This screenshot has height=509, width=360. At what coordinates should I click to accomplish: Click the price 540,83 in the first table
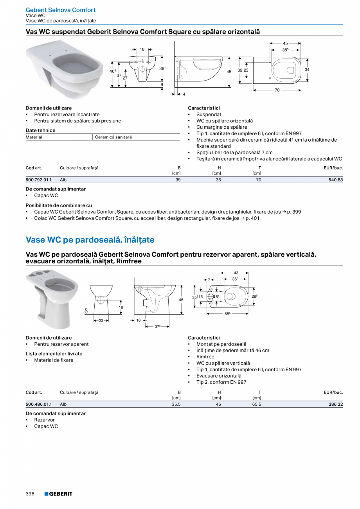[335, 180]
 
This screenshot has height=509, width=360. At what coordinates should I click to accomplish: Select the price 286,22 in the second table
[335, 405]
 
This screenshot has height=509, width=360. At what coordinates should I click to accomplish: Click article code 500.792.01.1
[38, 180]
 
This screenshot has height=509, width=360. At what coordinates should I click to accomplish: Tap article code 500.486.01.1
[38, 405]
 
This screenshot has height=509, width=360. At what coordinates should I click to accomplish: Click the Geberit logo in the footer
[58, 494]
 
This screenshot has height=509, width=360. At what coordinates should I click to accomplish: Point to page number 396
[30, 494]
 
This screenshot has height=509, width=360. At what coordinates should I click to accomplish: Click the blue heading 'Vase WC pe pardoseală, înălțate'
[90, 239]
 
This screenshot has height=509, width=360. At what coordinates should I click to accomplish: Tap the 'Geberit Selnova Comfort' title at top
[60, 10]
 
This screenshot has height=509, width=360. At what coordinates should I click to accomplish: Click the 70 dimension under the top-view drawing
[277, 90]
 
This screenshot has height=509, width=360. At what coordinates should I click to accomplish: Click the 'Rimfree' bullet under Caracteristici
[205, 357]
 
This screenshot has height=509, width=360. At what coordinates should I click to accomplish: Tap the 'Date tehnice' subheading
[40, 130]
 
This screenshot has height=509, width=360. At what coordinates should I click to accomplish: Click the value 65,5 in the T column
[257, 405]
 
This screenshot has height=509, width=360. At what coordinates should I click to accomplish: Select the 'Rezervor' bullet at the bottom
[44, 420]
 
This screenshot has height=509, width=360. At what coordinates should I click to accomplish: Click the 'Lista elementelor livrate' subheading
[54, 354]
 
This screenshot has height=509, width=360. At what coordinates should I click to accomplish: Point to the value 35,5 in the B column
[176, 405]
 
